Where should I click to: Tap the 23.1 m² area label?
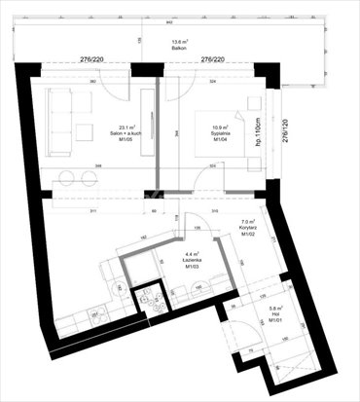[127, 127]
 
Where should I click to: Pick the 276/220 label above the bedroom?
[212, 60]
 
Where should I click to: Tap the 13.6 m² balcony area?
[179, 41]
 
